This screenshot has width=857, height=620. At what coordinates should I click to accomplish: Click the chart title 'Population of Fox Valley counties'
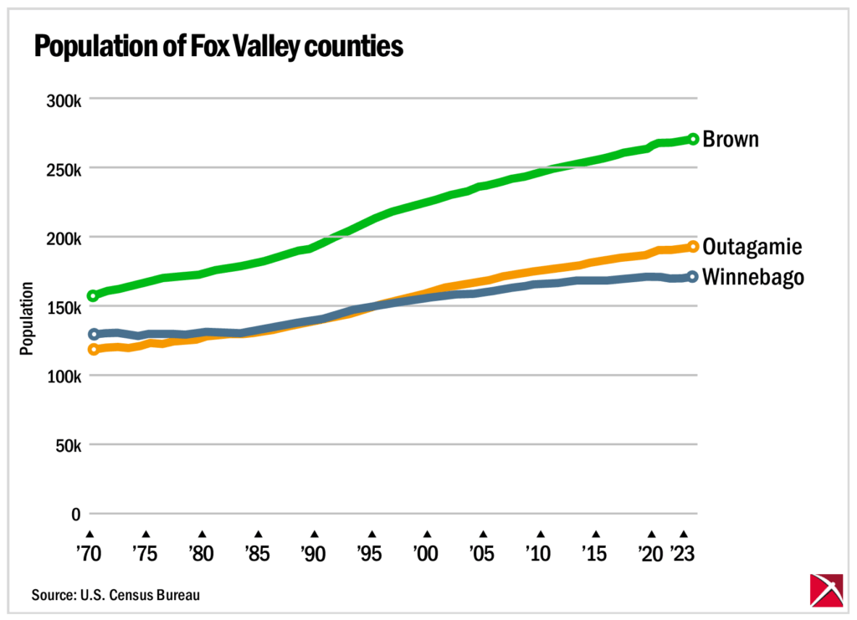218,48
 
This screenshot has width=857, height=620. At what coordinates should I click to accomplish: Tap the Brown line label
731,139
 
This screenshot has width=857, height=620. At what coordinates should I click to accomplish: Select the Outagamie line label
752,247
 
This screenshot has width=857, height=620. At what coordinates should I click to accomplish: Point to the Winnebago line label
753,277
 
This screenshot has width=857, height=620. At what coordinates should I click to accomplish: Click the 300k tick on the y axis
63,100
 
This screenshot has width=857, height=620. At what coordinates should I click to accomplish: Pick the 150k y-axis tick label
63,307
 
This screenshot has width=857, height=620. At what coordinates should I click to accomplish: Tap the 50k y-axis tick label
66,445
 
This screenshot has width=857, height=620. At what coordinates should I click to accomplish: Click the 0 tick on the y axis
75,514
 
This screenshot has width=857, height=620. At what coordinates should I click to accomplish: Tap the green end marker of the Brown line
693,139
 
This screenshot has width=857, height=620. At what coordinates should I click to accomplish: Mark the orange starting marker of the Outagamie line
93,350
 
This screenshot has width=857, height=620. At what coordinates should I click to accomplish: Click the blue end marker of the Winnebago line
692,276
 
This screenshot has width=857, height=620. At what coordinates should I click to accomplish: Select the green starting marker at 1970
93,295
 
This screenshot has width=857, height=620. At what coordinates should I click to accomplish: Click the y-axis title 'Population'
27,319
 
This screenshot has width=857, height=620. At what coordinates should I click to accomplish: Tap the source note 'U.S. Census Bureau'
116,595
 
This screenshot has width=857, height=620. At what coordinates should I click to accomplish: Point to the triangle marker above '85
258,533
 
